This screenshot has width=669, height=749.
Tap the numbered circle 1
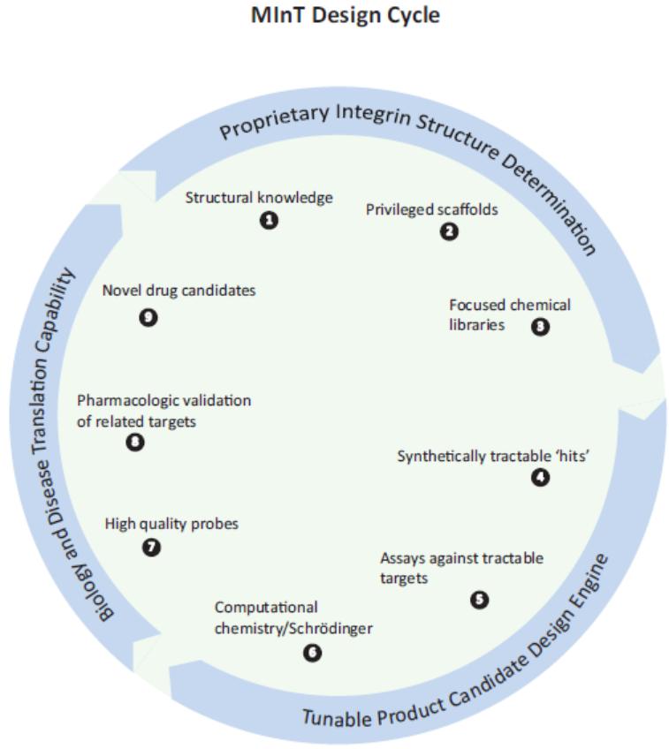click(269, 220)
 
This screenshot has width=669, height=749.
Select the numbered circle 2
click(450, 232)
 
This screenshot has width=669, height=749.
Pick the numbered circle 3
click(540, 326)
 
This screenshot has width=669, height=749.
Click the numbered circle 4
click(540, 477)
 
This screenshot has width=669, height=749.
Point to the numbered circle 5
click(479, 600)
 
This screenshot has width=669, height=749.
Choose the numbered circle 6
click(312, 653)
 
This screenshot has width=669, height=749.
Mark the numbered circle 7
click(152, 548)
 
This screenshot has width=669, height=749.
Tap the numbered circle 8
click(135, 443)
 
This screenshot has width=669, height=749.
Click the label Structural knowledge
click(259, 198)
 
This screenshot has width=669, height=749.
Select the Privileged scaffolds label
click(432, 210)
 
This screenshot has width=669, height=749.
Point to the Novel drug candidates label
click(179, 291)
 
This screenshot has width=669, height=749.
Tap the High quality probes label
click(171, 525)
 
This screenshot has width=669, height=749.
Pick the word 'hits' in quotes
click(569, 457)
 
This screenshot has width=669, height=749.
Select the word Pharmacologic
click(125, 401)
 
